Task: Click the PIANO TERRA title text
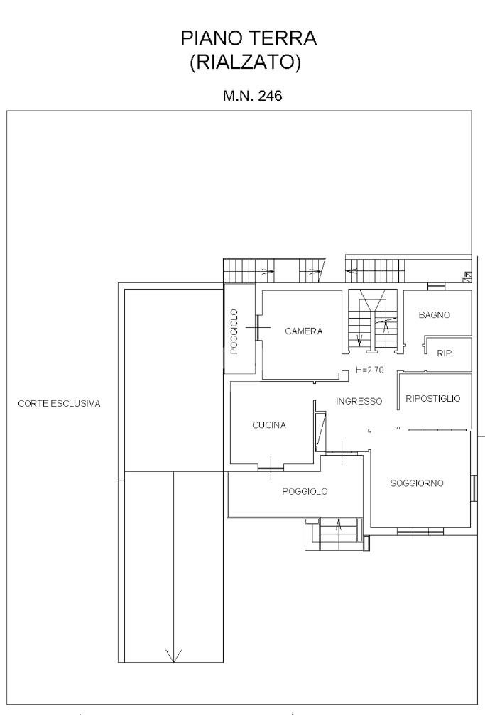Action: [x=249, y=38]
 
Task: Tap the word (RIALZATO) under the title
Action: [x=246, y=62]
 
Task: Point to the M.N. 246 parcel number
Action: [x=253, y=96]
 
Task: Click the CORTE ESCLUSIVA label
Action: [x=59, y=403]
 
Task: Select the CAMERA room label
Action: [x=303, y=331]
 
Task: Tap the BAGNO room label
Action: [x=434, y=315]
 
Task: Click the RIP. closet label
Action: [x=445, y=353]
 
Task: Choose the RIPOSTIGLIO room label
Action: [x=432, y=398]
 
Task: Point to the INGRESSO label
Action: [x=359, y=401]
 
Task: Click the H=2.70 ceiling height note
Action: [x=370, y=370]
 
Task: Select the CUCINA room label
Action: [x=268, y=424]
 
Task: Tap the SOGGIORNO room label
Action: [x=417, y=483]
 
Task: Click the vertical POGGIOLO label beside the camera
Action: [x=234, y=331]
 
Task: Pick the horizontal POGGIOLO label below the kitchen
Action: [x=305, y=491]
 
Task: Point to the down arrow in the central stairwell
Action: [x=360, y=339]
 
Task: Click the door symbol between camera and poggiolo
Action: [x=258, y=327]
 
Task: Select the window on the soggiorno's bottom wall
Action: [x=420, y=531]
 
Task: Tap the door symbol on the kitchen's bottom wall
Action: [x=271, y=468]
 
